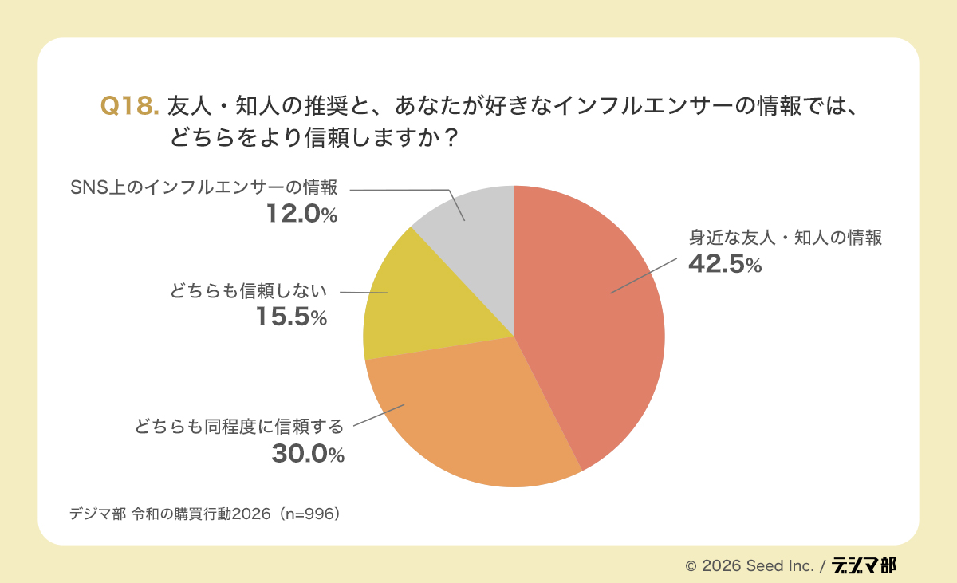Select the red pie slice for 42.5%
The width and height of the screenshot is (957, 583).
tap(590, 319)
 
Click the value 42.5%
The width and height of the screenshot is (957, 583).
tap(725, 265)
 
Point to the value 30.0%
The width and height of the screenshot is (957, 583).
tap(308, 454)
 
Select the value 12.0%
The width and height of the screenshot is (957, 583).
tap(301, 214)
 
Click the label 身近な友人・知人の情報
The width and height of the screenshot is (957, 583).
tap(786, 238)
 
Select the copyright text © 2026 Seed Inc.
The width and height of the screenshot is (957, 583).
tap(749, 565)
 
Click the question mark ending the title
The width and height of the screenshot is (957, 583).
tap(451, 137)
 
